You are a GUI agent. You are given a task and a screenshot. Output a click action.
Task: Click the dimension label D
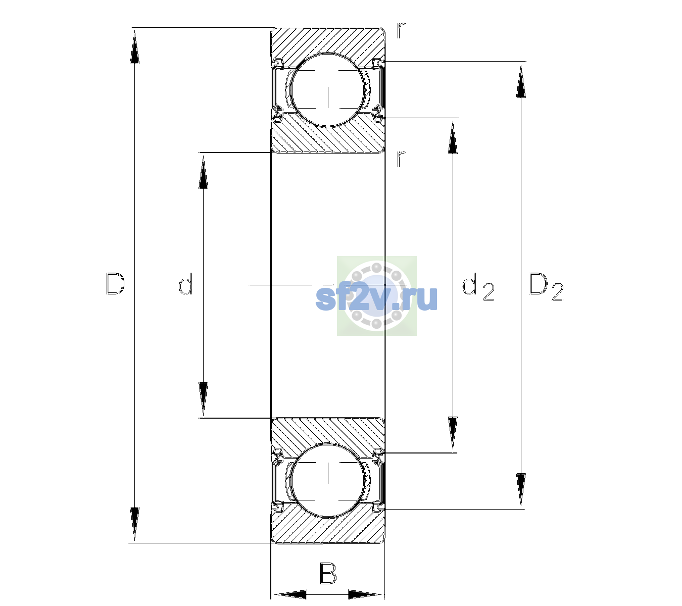115,283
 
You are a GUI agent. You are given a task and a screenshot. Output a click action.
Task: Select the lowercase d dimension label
185,283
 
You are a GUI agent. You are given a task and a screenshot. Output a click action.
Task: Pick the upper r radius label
401,30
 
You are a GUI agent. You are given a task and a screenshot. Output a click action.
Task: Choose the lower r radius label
401,159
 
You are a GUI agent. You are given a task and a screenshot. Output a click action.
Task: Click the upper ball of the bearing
328,90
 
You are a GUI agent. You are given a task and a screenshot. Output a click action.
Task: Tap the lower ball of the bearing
328,480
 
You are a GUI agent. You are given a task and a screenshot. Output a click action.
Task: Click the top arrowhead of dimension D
135,47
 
